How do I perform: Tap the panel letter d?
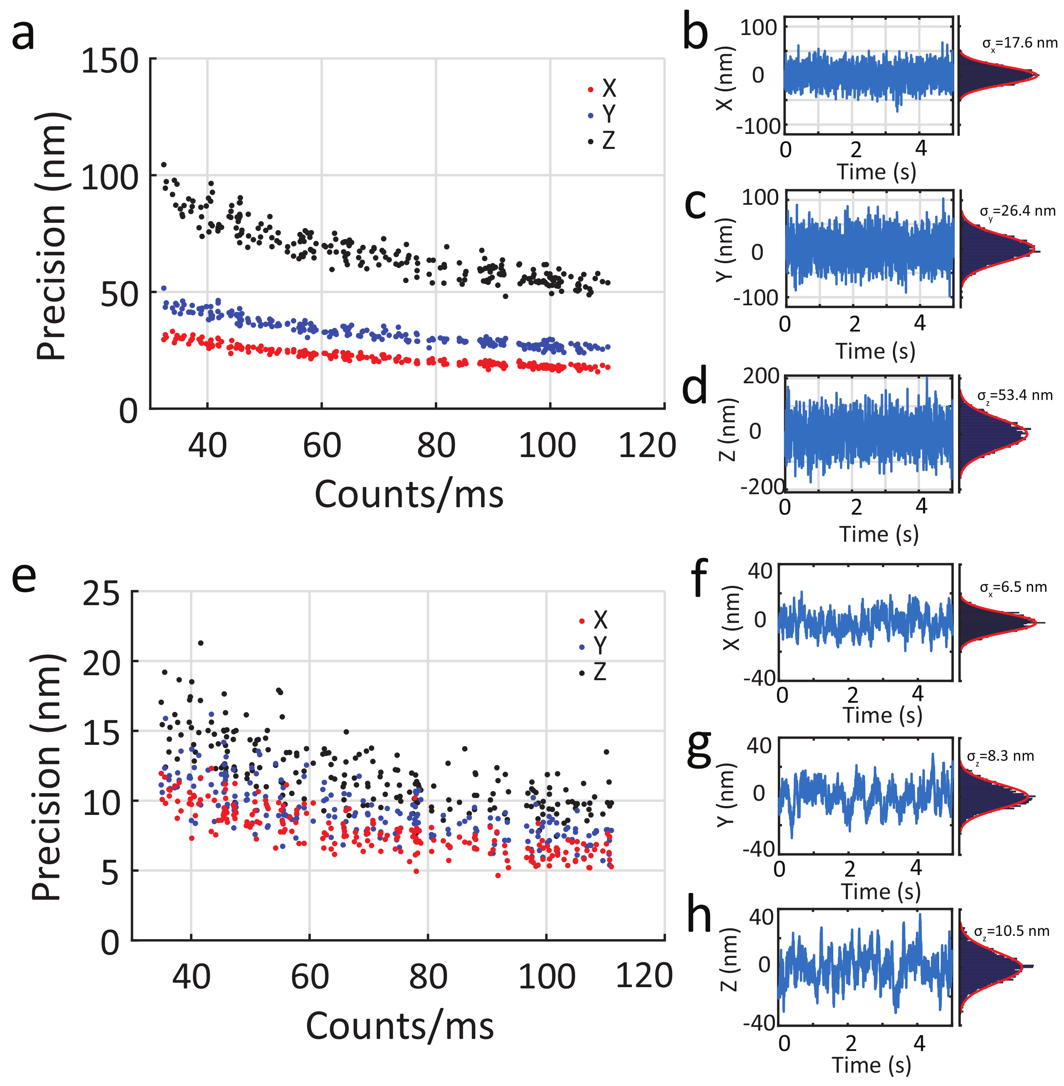695,387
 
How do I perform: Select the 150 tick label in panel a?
109,61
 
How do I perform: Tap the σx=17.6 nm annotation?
1019,43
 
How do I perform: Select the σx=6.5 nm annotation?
1013,588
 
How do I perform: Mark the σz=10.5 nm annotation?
1011,931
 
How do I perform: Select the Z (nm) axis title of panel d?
727,430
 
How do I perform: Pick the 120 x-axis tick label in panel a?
647,446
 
